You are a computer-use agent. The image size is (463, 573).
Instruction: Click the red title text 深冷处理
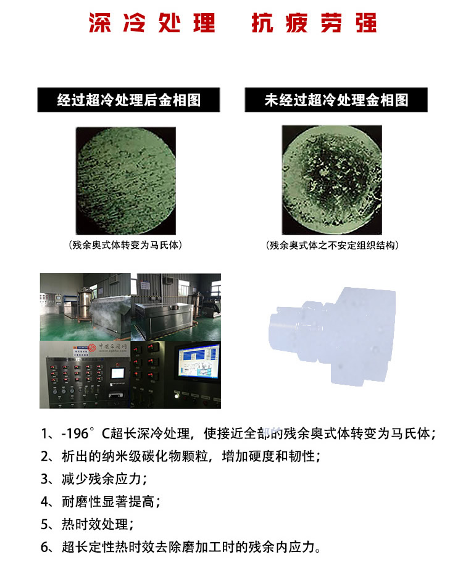pos(152,23)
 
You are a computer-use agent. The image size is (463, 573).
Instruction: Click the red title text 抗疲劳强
pos(314,23)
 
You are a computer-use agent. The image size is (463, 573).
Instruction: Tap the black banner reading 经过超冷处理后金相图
pos(128,100)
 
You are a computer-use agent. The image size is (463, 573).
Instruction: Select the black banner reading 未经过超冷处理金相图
pos(336,100)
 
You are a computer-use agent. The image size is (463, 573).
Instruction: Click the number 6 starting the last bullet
pos(46,547)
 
